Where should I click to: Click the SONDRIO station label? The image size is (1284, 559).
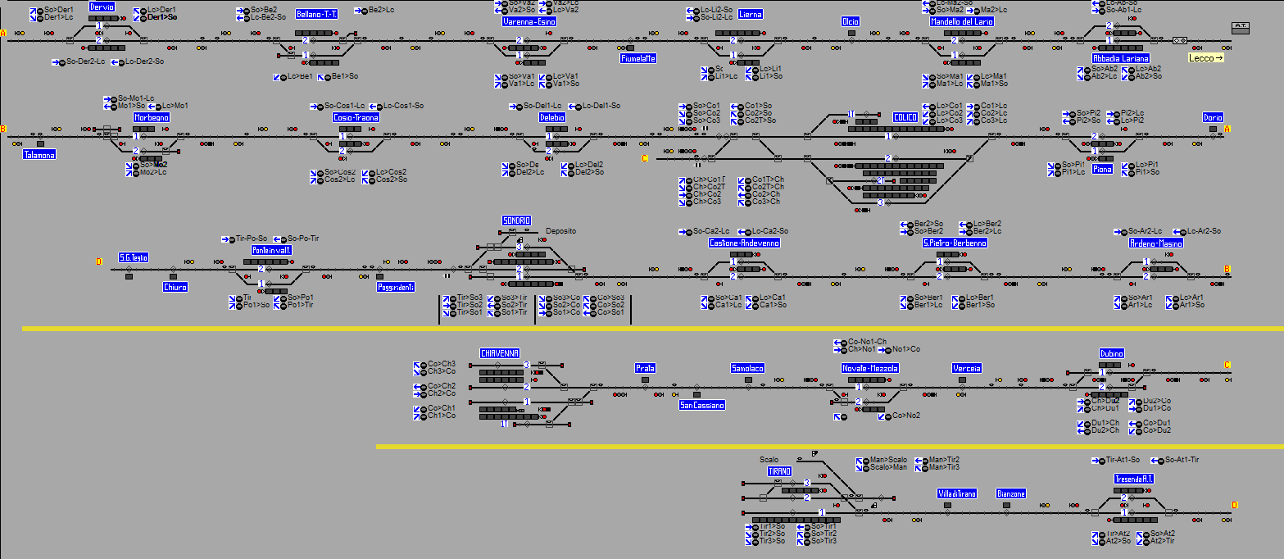pyautogui.click(x=516, y=221)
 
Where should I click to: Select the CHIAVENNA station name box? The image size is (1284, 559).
pyautogui.click(x=500, y=353)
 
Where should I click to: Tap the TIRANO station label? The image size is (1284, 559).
pyautogui.click(x=779, y=472)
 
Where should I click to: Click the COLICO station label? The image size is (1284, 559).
pyautogui.click(x=905, y=118)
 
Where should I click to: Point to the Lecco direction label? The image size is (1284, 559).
pyautogui.click(x=1205, y=58)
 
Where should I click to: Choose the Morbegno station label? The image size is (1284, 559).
pyautogui.click(x=152, y=118)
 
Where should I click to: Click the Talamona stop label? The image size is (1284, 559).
pyautogui.click(x=39, y=154)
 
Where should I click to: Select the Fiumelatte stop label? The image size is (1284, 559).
pyautogui.click(x=638, y=59)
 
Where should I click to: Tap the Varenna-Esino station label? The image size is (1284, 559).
pyautogui.click(x=529, y=22)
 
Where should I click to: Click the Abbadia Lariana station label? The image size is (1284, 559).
pyautogui.click(x=1120, y=59)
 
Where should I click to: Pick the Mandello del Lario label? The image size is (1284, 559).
pyautogui.click(x=962, y=22)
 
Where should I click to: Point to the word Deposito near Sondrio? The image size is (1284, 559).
pyautogui.click(x=560, y=231)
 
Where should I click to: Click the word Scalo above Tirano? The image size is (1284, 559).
pyautogui.click(x=769, y=460)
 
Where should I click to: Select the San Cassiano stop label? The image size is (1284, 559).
pyautogui.click(x=702, y=405)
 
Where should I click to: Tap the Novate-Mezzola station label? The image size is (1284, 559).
pyautogui.click(x=870, y=368)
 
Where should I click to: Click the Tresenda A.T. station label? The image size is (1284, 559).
pyautogui.click(x=1134, y=479)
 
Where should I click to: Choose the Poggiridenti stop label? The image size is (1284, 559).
pyautogui.click(x=396, y=287)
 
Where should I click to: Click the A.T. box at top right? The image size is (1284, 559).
pyautogui.click(x=1240, y=27)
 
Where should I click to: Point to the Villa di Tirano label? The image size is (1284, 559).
pyautogui.click(x=957, y=493)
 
